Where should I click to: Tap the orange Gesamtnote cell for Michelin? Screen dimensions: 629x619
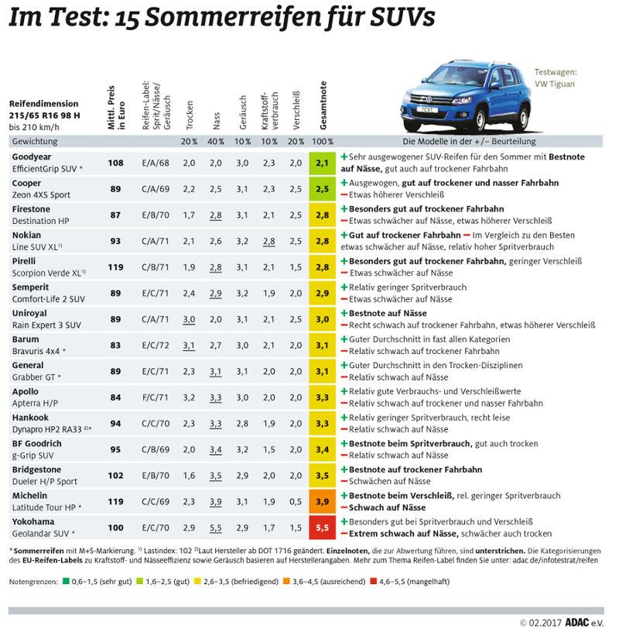(x=323, y=501)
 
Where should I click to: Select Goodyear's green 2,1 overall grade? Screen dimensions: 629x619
(x=323, y=163)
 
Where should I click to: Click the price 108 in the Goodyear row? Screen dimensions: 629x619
(x=115, y=163)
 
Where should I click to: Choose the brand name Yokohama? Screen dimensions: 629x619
(x=31, y=522)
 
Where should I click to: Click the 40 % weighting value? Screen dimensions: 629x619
(x=216, y=142)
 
